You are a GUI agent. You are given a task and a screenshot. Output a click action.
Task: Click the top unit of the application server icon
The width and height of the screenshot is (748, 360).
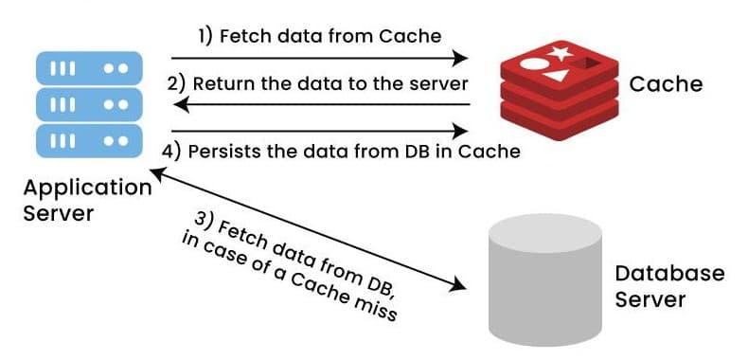pos(87,67)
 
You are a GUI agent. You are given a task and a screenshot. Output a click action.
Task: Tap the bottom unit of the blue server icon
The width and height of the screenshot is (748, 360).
pos(87,139)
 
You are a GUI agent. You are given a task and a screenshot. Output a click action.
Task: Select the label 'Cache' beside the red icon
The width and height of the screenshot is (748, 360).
pos(666,83)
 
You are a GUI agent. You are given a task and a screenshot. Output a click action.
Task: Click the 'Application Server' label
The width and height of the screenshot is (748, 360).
pos(87,200)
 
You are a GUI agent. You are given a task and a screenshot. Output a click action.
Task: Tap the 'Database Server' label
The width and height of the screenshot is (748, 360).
pos(669,286)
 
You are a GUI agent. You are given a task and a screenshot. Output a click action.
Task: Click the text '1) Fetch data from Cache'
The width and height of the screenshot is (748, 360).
pos(319,37)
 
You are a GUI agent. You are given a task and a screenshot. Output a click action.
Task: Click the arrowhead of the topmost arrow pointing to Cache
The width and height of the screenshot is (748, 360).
pos(464,60)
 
